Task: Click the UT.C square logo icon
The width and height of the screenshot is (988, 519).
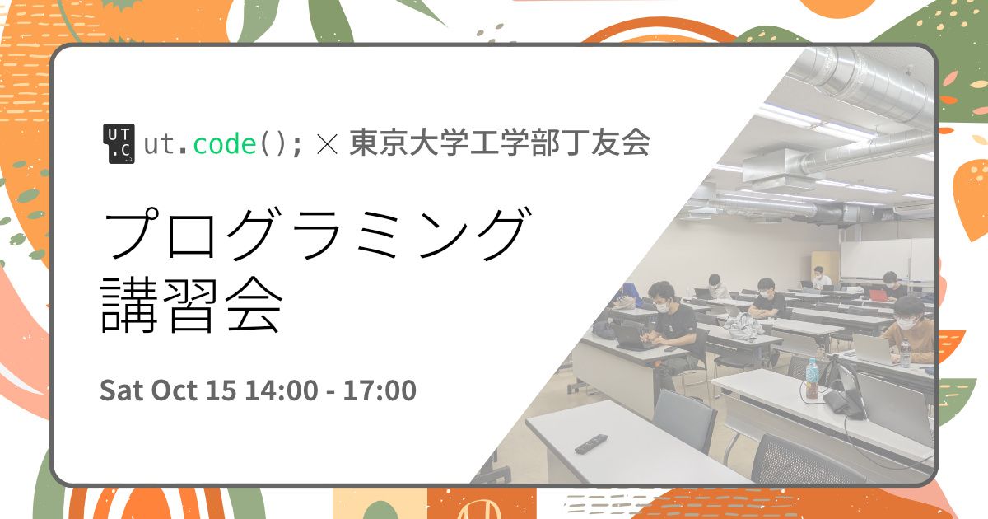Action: point(118,144)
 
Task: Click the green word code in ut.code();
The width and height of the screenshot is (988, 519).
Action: point(224,144)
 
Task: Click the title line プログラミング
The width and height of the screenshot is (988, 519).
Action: point(313,234)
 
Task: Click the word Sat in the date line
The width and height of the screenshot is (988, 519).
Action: point(121,390)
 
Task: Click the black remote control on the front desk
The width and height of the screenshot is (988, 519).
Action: point(590,443)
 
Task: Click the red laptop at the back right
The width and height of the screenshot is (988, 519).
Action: point(879,294)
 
